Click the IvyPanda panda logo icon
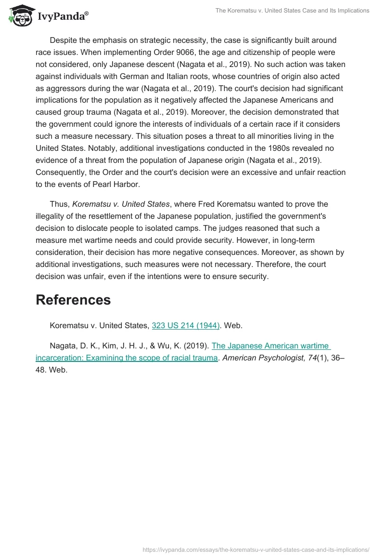pos(18,15)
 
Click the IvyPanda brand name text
pos(63,16)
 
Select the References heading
pos(73,300)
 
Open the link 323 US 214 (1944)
pos(186,326)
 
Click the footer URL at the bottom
pos(256,549)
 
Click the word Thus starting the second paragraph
pos(59,204)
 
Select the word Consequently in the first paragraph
pos(63,173)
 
